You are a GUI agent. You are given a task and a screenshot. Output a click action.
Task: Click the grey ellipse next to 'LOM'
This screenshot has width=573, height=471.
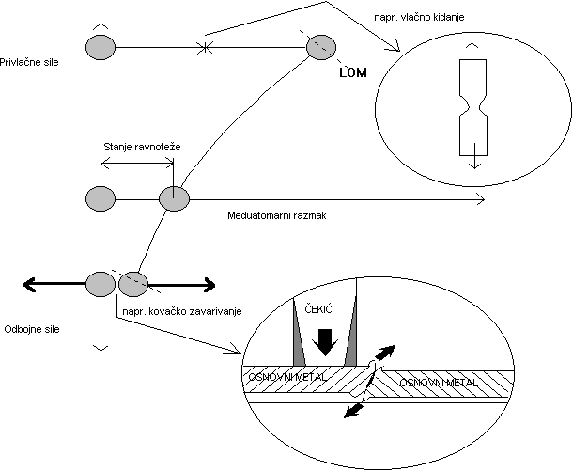tap(321, 44)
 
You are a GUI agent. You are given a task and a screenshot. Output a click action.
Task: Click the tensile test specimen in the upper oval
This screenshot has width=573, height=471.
tap(472, 107)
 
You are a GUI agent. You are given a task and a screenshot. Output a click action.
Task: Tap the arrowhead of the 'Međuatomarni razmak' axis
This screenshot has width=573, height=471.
tap(481, 199)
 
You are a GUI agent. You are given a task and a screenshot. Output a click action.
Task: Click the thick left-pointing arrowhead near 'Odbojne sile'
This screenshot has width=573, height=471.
tap(30, 281)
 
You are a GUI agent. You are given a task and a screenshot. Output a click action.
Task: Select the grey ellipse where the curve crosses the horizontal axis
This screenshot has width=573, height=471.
tap(174, 199)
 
